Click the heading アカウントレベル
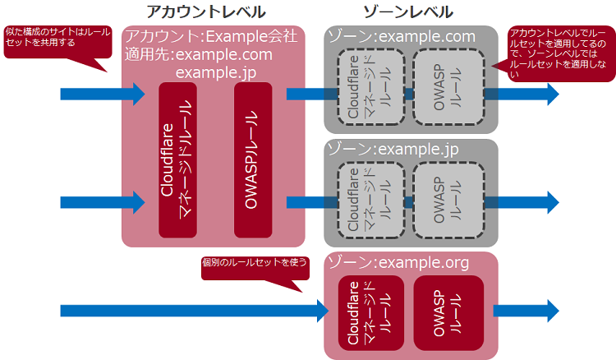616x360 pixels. point(205,12)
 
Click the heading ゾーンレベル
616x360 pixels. point(407,12)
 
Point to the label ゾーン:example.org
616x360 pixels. point(398,262)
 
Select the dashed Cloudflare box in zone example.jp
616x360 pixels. point(370,200)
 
